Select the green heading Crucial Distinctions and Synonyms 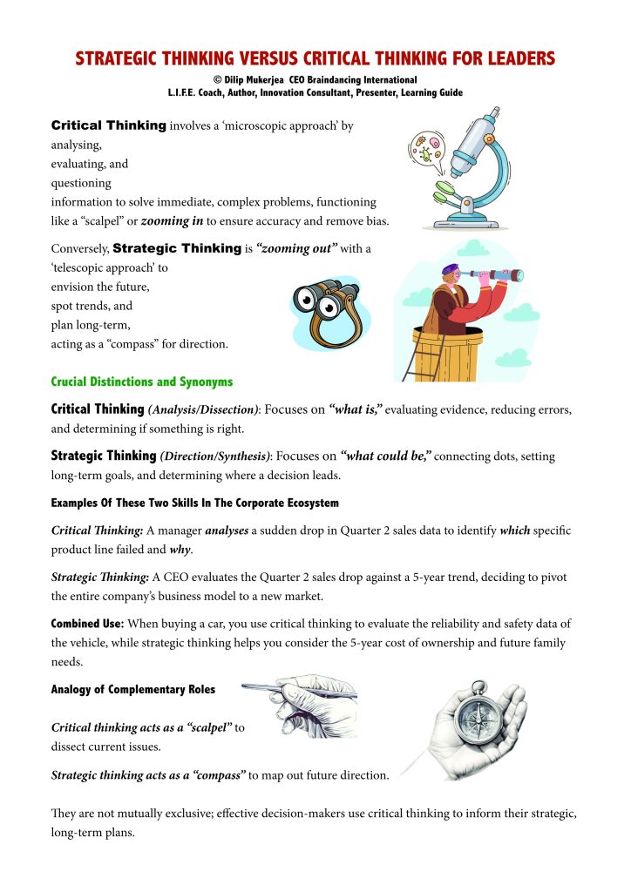tap(142, 382)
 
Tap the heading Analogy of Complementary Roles tap(133, 690)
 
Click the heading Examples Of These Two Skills tap(194, 503)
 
